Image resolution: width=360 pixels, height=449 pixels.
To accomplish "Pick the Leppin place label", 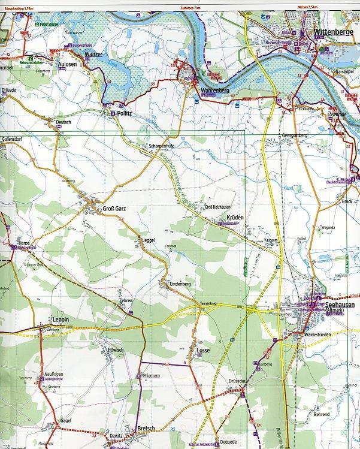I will coord(61,320).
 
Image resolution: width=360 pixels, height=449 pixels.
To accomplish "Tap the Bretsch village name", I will coord(146,428).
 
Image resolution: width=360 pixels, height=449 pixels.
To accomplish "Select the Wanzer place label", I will coord(94,55).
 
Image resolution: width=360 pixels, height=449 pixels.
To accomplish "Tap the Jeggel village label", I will coord(150,240).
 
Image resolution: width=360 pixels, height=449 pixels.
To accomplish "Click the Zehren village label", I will coord(126,299).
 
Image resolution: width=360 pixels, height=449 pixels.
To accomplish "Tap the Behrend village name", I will coord(321,414).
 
